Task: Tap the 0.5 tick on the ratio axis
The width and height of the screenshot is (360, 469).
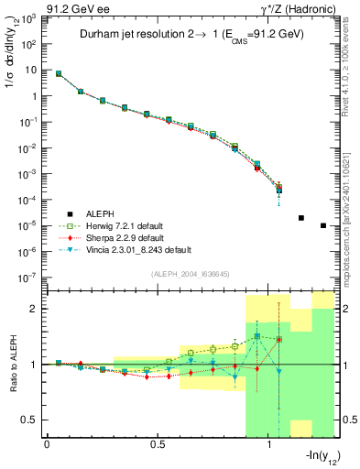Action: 32,420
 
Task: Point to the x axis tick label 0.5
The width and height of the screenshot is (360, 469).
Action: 158,445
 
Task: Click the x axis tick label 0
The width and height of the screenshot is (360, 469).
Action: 48,445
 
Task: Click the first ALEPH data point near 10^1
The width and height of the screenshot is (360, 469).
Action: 59,73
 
